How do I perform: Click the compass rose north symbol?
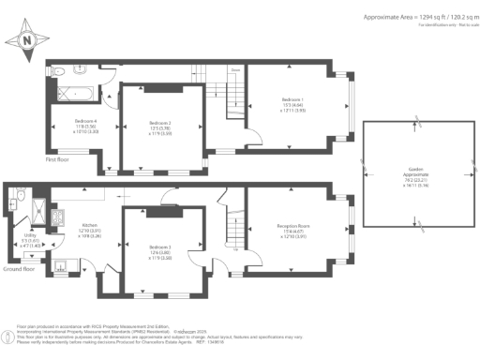tap(26, 39)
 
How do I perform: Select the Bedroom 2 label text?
tap(159, 124)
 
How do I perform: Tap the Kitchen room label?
tap(90, 228)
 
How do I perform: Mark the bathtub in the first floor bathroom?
tap(77, 94)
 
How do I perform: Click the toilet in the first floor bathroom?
tap(58, 71)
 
